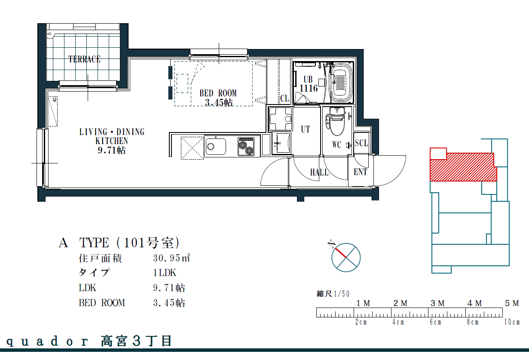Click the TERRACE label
84,59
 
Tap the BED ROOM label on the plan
218,93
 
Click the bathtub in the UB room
341,83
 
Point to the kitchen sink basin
216,147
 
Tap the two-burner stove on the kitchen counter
246,147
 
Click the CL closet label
284,98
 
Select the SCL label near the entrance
361,143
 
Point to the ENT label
361,172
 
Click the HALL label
319,172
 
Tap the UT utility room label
306,129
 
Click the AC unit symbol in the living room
53,111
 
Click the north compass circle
346,257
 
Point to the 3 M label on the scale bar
437,303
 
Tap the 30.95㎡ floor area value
171,258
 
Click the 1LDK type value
165,273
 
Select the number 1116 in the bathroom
309,89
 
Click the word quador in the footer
47,342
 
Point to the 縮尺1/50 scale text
333,294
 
